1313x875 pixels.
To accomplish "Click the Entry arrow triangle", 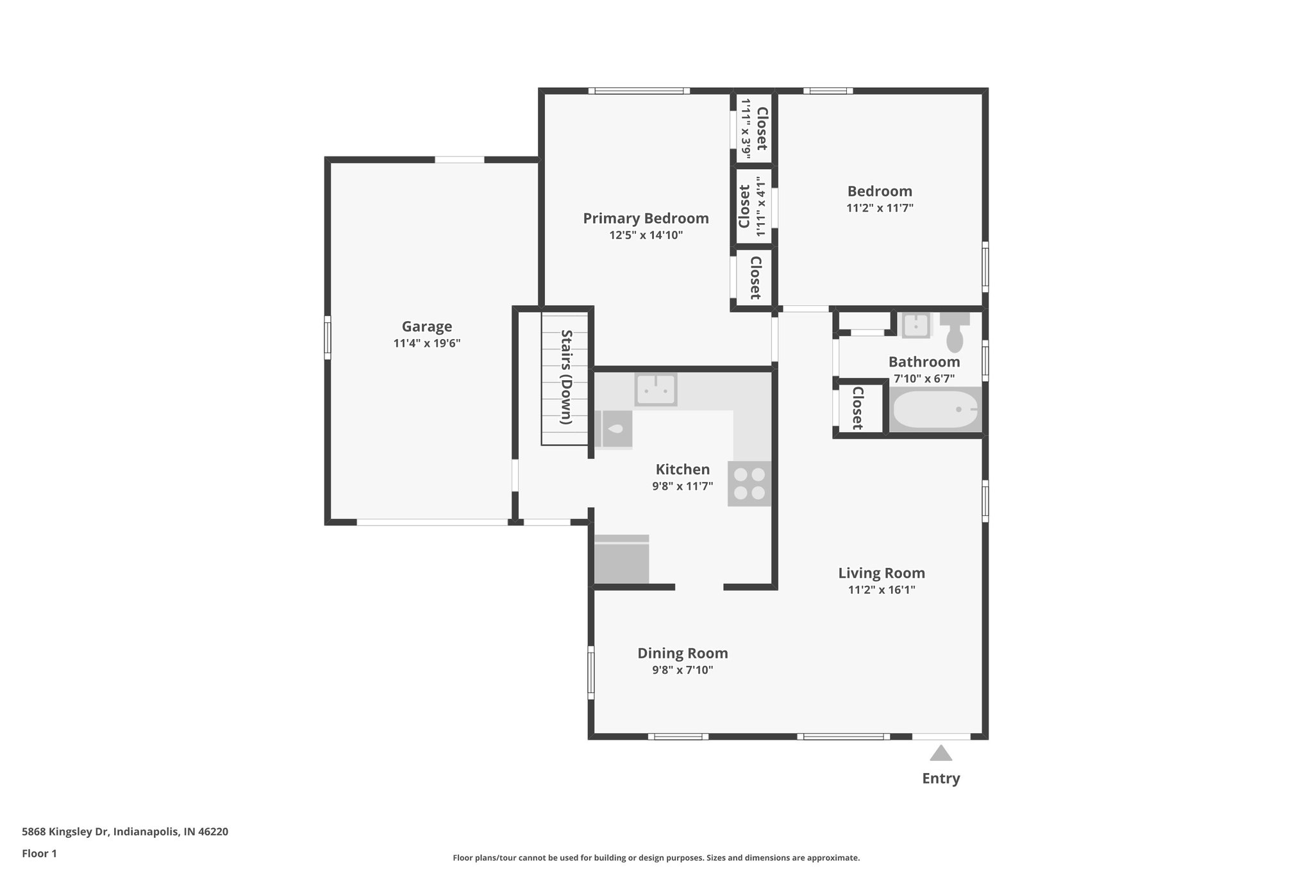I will [941, 753].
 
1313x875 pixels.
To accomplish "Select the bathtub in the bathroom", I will [935, 410].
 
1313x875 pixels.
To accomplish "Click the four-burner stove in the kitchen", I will [749, 483].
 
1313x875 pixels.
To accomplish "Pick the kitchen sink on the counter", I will [656, 389].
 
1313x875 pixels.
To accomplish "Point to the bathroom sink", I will [916, 325].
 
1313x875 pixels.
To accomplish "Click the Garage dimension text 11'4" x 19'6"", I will [426, 344].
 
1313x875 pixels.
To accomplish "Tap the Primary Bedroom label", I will [646, 219].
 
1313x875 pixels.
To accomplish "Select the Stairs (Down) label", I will [566, 377].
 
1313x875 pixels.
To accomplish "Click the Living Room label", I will [882, 573].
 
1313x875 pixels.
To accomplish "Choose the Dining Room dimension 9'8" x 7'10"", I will [682, 671].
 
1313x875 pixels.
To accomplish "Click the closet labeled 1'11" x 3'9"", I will [754, 128].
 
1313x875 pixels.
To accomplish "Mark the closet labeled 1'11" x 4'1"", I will [753, 206].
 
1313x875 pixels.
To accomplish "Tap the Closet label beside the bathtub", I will [857, 408].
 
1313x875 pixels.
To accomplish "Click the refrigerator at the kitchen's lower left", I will [621, 560].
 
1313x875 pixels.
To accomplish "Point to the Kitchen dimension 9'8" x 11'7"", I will [682, 487].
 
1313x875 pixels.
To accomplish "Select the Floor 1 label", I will [39, 854].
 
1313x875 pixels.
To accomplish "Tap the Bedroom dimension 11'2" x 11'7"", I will [880, 208].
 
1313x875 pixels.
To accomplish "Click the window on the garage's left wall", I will [328, 337].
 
